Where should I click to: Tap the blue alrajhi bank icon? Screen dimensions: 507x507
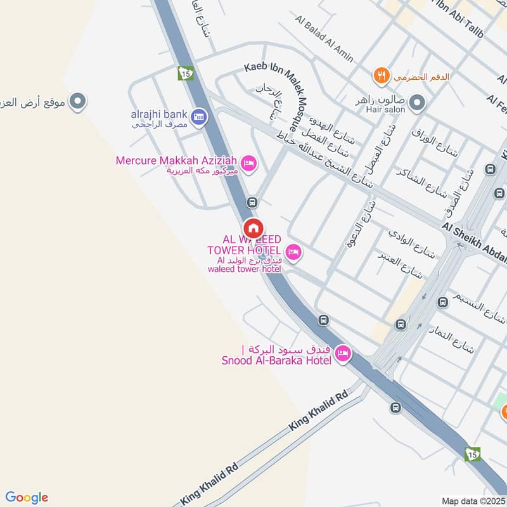tap(199, 117)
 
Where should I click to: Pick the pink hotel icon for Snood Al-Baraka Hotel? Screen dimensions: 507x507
tap(343, 354)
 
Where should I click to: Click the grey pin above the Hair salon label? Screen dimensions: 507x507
tap(417, 101)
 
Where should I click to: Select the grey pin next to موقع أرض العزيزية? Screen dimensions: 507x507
tap(77, 101)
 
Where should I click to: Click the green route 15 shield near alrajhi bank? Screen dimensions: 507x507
tap(186, 74)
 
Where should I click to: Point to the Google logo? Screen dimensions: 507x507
tap(27, 497)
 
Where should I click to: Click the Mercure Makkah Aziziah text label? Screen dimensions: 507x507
tap(177, 160)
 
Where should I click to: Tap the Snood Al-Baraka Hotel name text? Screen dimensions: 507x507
tap(276, 361)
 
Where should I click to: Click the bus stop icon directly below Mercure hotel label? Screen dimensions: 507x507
tap(252, 203)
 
